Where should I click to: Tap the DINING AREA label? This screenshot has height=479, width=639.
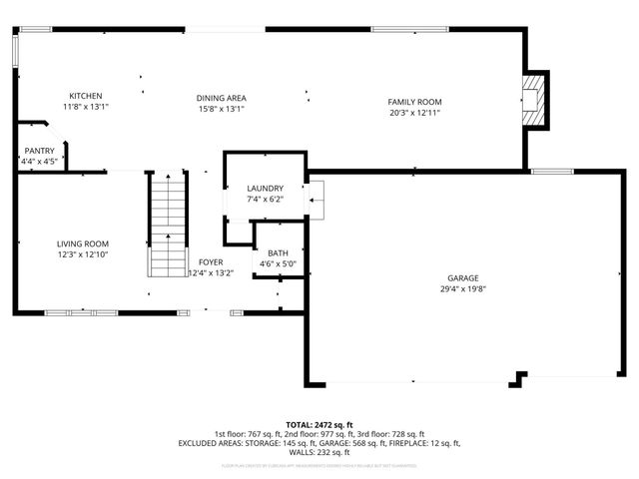221,98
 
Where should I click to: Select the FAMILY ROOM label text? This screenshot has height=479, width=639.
414,102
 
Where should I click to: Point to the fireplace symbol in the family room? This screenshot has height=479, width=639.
535,99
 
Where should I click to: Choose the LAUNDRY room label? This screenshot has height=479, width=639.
266,188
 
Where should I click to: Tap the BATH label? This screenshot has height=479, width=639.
278,253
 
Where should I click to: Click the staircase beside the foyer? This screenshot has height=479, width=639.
167,224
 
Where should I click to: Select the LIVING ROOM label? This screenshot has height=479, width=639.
82,243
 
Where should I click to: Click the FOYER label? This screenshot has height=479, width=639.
211,261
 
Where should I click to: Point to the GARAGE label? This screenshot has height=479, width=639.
462,278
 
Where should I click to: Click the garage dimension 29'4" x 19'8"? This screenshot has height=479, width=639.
462,289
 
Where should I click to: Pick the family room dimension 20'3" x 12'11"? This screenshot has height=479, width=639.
414,113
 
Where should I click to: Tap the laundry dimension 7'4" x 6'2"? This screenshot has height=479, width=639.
266,199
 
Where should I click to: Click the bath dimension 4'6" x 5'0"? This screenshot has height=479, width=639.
278,264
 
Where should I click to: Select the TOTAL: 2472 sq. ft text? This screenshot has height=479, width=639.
319,424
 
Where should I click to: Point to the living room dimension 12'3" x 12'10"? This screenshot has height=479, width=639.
82,254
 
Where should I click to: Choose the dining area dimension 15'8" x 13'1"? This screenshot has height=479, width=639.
221,108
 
